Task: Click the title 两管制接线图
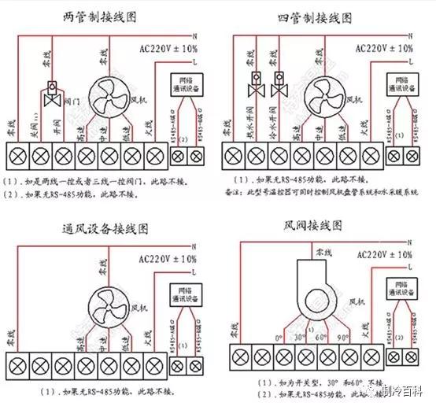point(105,16)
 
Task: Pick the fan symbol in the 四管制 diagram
point(324,99)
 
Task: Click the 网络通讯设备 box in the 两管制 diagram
point(186,84)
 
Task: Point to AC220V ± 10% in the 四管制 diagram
point(383,48)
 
